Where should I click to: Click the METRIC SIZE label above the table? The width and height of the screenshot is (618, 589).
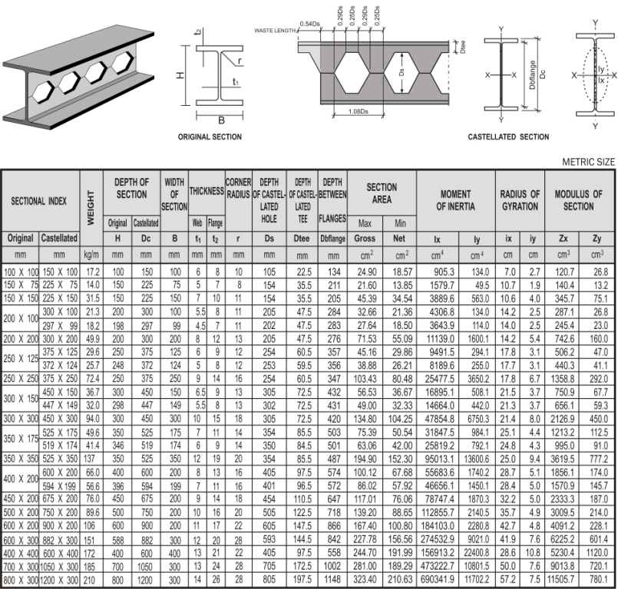pyautogui.click(x=588, y=162)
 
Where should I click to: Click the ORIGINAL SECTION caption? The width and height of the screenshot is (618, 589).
pyautogui.click(x=210, y=137)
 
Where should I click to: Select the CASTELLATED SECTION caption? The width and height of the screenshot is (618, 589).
pyautogui.click(x=508, y=137)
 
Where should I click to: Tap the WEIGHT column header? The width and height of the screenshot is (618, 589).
pyautogui.click(x=91, y=202)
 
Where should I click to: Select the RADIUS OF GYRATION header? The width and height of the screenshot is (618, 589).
pyautogui.click(x=519, y=200)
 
